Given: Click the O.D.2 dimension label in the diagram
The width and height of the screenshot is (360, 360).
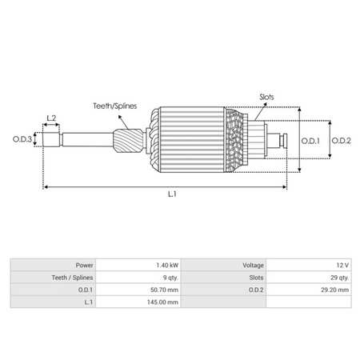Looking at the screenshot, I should click(x=341, y=141).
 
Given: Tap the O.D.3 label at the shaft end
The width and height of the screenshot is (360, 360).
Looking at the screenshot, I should click(x=22, y=141).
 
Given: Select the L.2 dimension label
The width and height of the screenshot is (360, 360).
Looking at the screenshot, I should click(x=51, y=118).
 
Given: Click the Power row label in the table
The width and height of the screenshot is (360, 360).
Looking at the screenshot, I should click(x=85, y=265).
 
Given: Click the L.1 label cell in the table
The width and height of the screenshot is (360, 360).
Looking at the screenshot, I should click(x=87, y=302).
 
